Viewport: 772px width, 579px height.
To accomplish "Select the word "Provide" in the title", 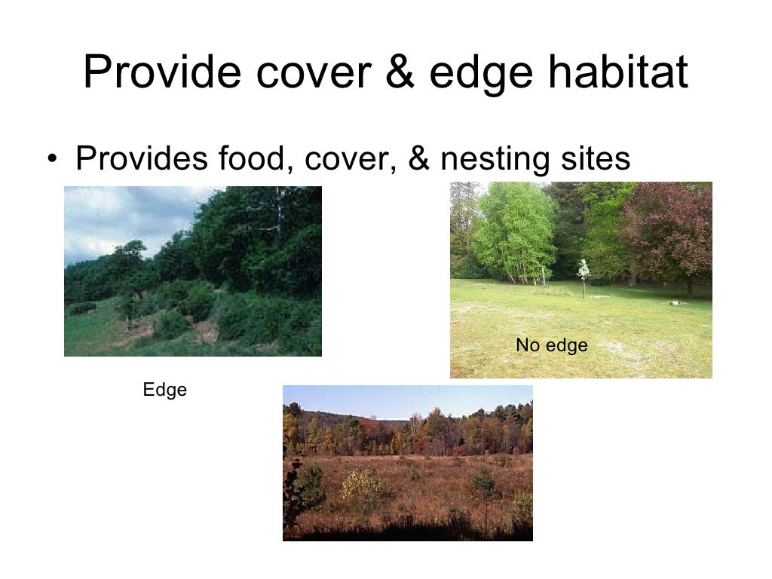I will pos(162,72).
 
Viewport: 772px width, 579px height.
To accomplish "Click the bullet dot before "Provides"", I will pos(51,160).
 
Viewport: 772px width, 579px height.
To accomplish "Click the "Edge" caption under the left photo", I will pos(164,390).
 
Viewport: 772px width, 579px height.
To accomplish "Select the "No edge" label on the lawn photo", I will pos(551,346).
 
